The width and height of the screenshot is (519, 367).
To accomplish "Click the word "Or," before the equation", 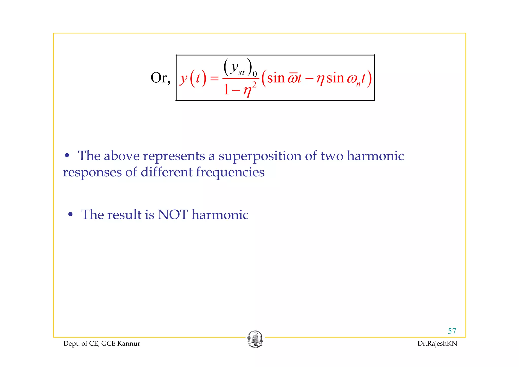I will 160,78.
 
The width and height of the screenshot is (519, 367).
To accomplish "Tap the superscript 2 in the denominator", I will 254,85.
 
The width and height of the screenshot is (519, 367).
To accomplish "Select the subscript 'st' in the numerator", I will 242,73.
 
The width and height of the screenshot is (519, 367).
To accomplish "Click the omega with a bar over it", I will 293,78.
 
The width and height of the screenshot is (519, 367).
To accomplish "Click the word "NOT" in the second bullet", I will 173,215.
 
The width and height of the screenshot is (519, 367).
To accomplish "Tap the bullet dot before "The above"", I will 67,155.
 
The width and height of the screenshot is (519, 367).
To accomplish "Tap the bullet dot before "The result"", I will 70,215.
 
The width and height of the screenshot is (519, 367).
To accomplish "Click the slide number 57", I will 452,331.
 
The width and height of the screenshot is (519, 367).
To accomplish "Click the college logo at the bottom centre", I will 255,339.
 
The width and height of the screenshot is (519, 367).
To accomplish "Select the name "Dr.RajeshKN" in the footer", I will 437,344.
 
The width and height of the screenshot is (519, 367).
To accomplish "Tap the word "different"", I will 166,172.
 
